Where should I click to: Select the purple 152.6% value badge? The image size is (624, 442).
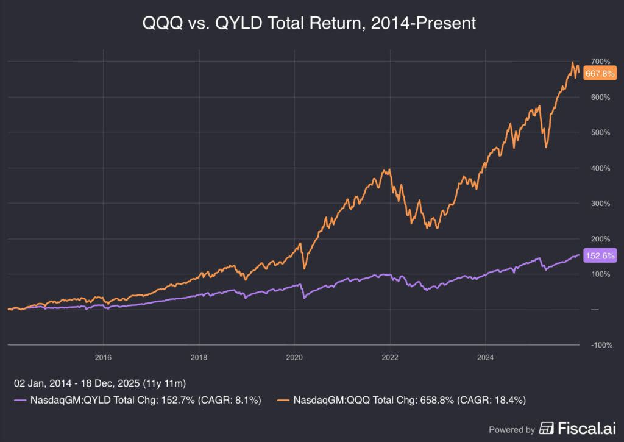[600, 256]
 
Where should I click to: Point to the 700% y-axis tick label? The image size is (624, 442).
[600, 62]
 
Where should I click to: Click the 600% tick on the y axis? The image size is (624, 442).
[600, 98]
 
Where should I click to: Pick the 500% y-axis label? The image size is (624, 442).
[600, 133]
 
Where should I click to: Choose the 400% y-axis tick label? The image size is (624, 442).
[600, 168]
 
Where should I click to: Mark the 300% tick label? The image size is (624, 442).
[600, 204]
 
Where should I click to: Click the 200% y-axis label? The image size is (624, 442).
[600, 239]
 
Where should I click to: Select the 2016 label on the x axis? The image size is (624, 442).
[103, 357]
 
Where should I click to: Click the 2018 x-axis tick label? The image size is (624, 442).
[199, 357]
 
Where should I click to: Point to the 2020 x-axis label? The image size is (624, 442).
[294, 357]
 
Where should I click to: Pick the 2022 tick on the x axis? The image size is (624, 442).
[390, 357]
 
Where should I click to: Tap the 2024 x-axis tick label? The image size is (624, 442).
[485, 357]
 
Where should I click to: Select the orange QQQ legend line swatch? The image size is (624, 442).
[283, 401]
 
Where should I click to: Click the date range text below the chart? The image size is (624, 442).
[100, 383]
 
